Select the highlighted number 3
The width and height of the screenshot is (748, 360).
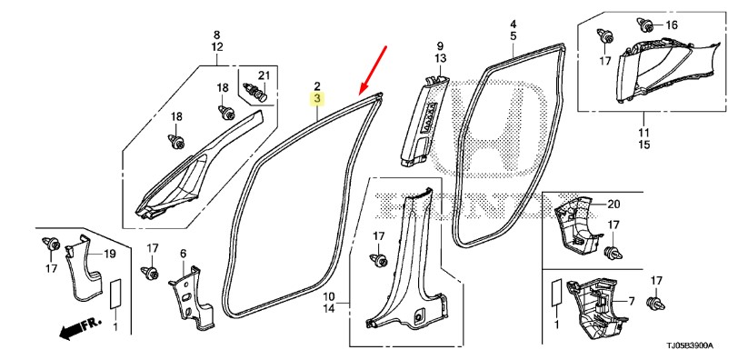click(x=317, y=99)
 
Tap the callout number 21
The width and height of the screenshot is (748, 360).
click(x=264, y=75)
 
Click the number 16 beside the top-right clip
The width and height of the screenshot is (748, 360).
click(x=671, y=25)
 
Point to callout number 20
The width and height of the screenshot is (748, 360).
click(x=613, y=205)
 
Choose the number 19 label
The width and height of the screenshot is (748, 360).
click(x=110, y=254)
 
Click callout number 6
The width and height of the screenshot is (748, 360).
click(x=184, y=253)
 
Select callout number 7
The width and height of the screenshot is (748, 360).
click(x=631, y=302)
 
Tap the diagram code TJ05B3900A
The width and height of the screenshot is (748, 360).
click(x=693, y=345)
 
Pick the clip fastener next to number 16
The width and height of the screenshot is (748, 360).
click(x=646, y=25)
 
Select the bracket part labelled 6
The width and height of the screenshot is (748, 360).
click(x=191, y=298)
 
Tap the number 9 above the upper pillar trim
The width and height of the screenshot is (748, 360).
click(x=440, y=46)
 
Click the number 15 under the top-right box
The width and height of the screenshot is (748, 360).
click(x=644, y=145)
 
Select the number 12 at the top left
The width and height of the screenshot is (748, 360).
click(x=217, y=46)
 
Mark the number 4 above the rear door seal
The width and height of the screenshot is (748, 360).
click(x=514, y=24)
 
